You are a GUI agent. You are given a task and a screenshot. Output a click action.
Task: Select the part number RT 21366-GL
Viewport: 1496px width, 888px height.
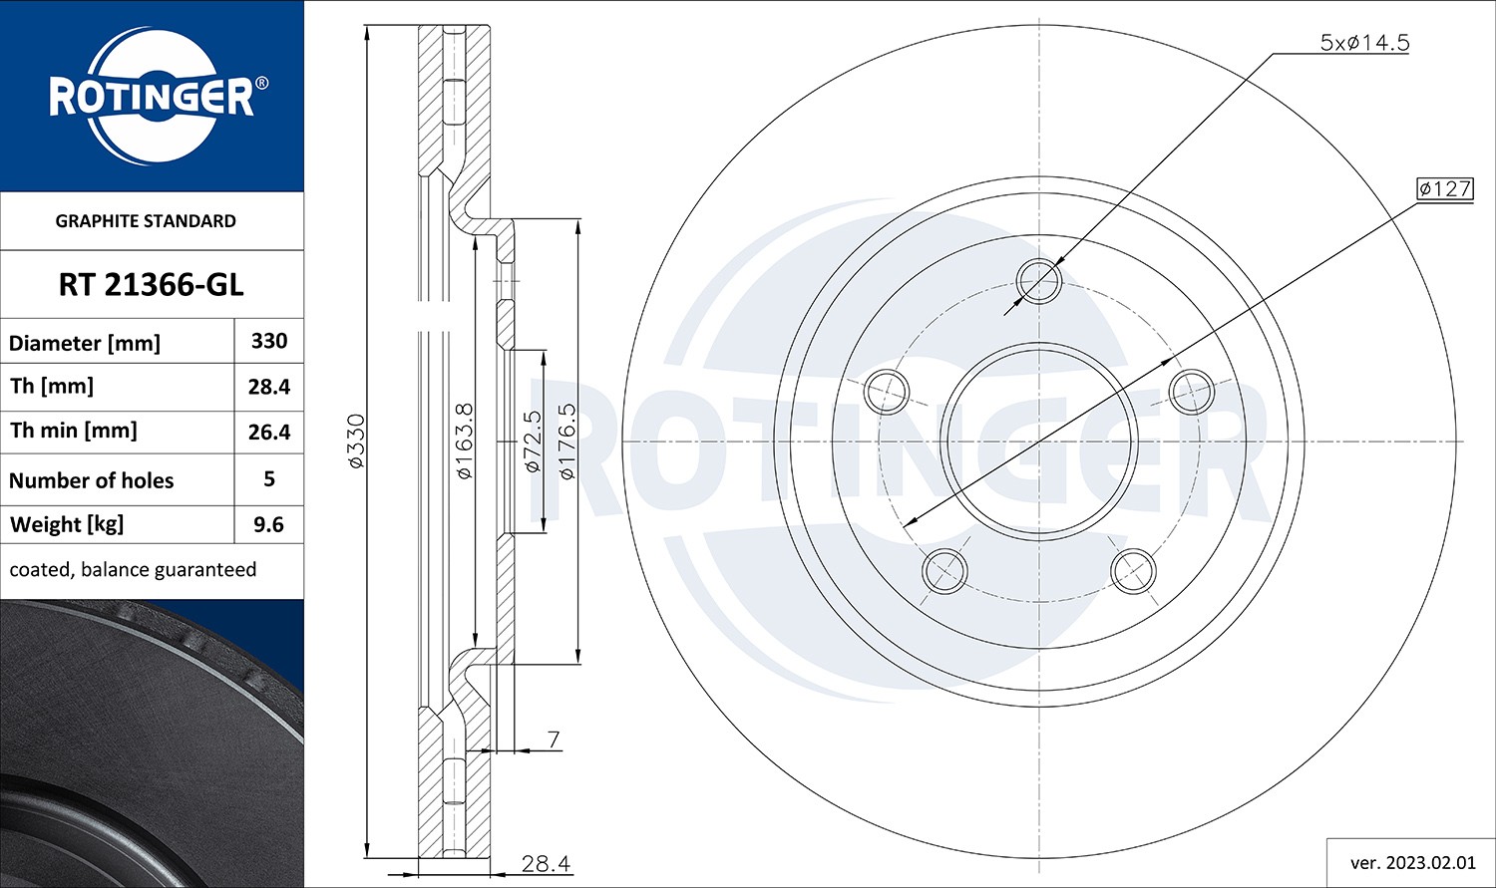[151, 285]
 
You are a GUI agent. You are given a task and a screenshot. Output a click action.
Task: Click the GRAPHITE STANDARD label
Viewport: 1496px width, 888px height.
[146, 221]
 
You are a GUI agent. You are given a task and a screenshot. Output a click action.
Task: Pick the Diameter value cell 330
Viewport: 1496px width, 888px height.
[269, 341]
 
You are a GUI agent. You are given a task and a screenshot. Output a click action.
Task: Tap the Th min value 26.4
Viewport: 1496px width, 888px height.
[269, 432]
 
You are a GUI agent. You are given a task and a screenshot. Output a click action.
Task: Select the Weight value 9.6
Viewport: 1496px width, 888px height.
[269, 524]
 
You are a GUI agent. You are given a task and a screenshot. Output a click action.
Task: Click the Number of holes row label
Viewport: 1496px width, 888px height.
[92, 480]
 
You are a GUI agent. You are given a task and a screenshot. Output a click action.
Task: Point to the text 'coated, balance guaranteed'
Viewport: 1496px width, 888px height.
[133, 570]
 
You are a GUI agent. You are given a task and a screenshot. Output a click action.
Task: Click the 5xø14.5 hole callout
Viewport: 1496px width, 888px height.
[1363, 43]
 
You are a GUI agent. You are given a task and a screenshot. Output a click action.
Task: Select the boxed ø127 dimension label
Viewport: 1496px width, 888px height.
[1444, 188]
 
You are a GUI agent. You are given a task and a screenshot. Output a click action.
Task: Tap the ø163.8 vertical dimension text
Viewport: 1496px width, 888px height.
[464, 441]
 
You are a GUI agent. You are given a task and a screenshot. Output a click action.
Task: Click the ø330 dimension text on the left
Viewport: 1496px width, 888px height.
[355, 441]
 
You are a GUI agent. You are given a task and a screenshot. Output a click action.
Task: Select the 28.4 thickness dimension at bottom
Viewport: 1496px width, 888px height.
[546, 863]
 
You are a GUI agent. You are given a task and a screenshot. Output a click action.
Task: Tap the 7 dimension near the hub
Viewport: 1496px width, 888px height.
[554, 740]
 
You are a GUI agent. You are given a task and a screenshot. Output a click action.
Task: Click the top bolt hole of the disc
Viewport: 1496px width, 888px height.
[1039, 280]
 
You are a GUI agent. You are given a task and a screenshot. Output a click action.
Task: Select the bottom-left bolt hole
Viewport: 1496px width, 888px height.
[944, 571]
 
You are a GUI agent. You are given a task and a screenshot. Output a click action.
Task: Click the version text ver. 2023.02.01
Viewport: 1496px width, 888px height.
[1410, 862]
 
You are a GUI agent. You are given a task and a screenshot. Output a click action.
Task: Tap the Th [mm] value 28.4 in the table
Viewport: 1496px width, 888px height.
[269, 387]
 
